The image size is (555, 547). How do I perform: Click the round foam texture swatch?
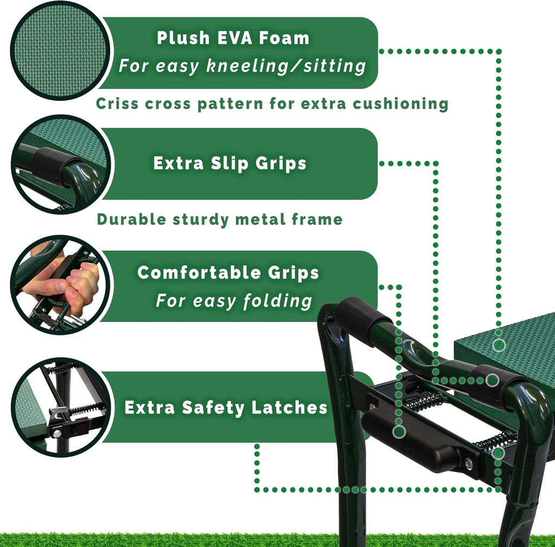tap(60, 50)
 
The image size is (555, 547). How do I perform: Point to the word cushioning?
tap(401, 104)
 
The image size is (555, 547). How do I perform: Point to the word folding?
tap(277, 301)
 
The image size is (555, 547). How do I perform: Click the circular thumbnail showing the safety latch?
tap(60, 407)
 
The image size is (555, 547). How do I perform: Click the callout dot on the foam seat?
tap(499, 345)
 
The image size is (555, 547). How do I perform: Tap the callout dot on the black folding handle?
tap(399, 432)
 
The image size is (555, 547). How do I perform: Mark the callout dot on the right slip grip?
tap(492, 380)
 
